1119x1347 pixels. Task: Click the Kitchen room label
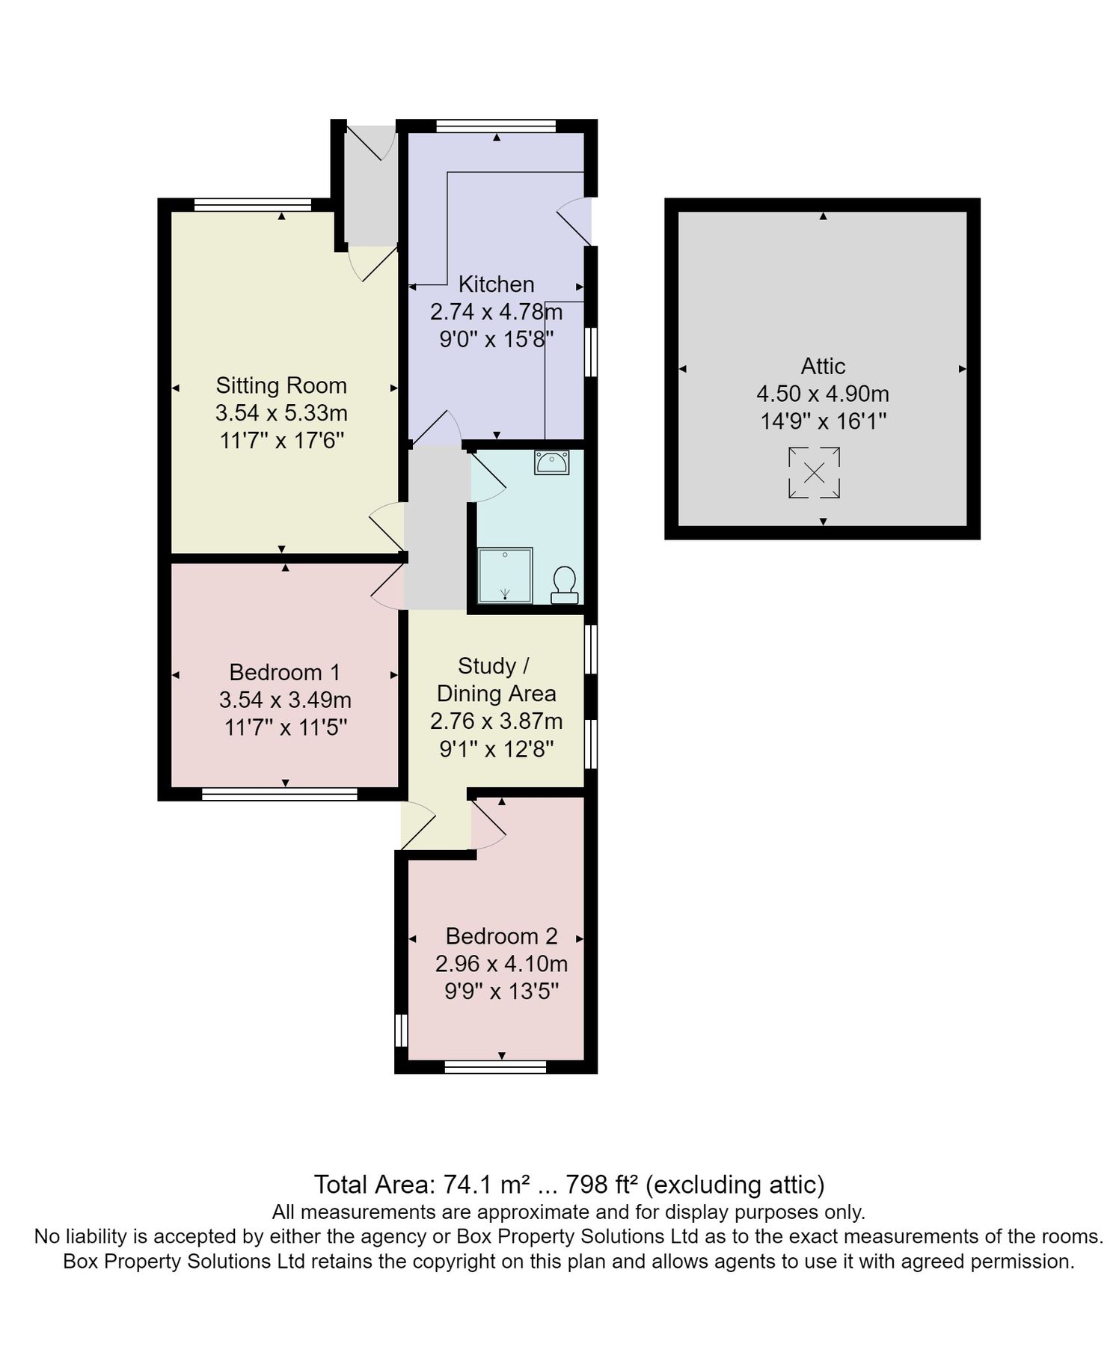[x=496, y=284]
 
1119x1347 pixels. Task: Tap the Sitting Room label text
[x=281, y=385]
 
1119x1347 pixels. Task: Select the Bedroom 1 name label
[x=284, y=672]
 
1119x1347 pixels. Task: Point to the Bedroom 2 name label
[x=501, y=936]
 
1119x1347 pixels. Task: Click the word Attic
[x=823, y=366]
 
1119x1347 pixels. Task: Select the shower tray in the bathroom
[x=506, y=575]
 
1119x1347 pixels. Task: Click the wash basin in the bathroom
[x=551, y=462]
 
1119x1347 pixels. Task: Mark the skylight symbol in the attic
[x=814, y=472]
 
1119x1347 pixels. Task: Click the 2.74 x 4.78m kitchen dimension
[x=496, y=312]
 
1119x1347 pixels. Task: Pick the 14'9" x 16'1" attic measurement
[x=823, y=421]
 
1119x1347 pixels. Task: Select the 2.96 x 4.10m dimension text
[x=501, y=964]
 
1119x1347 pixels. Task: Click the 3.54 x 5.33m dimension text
[x=281, y=413]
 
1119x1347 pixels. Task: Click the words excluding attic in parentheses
[x=735, y=1185]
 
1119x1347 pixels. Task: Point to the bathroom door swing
[x=486, y=479]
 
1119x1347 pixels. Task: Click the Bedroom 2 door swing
[x=488, y=827]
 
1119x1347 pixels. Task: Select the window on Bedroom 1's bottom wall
[x=279, y=794]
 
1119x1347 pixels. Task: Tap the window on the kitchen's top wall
[x=496, y=126]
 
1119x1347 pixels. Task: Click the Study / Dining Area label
[x=496, y=679]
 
